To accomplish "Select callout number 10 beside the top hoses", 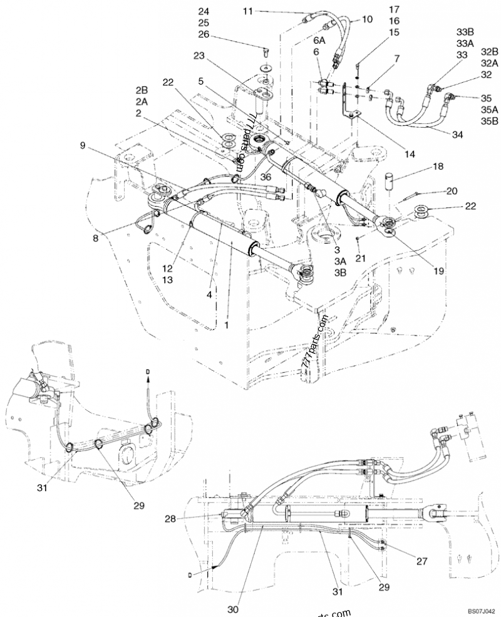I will coord(367,20).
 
